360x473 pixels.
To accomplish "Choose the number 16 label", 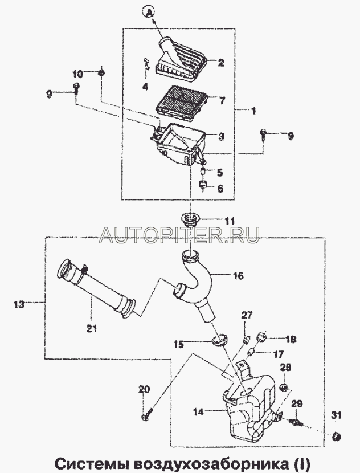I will tap(238, 276).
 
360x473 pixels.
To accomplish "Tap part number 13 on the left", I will tap(19, 304).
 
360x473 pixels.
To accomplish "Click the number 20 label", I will tap(144, 389).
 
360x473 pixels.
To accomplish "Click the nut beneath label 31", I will tap(336, 437).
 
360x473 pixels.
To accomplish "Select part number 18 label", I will tap(291, 339).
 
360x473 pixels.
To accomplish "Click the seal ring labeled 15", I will tap(219, 340).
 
